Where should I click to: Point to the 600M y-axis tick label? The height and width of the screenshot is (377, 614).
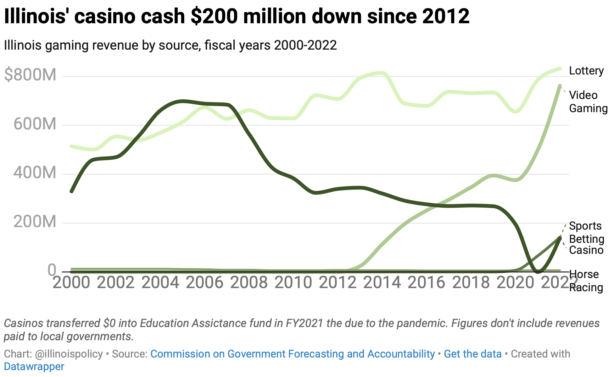(x=35, y=124)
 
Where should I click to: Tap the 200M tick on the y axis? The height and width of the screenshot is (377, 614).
(x=35, y=222)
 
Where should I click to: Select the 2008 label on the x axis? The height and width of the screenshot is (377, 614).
(x=249, y=282)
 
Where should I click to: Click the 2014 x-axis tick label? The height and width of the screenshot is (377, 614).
(x=382, y=282)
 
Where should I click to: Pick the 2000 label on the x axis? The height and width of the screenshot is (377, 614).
(x=71, y=282)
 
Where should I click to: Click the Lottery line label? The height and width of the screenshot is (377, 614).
(x=586, y=71)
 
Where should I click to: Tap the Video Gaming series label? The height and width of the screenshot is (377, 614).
(x=588, y=101)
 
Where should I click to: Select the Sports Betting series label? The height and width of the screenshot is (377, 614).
(x=586, y=232)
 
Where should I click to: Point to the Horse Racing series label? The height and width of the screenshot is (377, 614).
(x=586, y=281)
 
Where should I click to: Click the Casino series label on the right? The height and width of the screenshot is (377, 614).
(x=586, y=250)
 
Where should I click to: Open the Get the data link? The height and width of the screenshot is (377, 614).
(x=472, y=354)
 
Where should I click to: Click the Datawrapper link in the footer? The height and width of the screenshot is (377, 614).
(x=34, y=366)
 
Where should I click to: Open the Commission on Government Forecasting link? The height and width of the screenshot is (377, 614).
(x=292, y=354)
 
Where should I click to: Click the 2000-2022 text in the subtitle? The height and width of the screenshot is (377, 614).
(x=305, y=45)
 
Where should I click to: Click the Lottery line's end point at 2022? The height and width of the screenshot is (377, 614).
(x=560, y=68)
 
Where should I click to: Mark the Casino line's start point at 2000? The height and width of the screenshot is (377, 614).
(x=72, y=191)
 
